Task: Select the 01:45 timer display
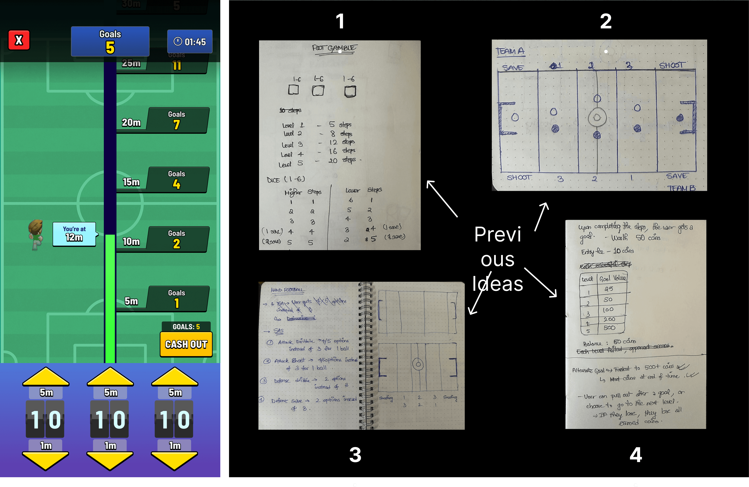190,42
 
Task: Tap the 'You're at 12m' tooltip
74,234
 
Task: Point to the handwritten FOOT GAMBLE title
334,48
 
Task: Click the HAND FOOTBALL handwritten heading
287,290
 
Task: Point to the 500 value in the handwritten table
609,328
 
